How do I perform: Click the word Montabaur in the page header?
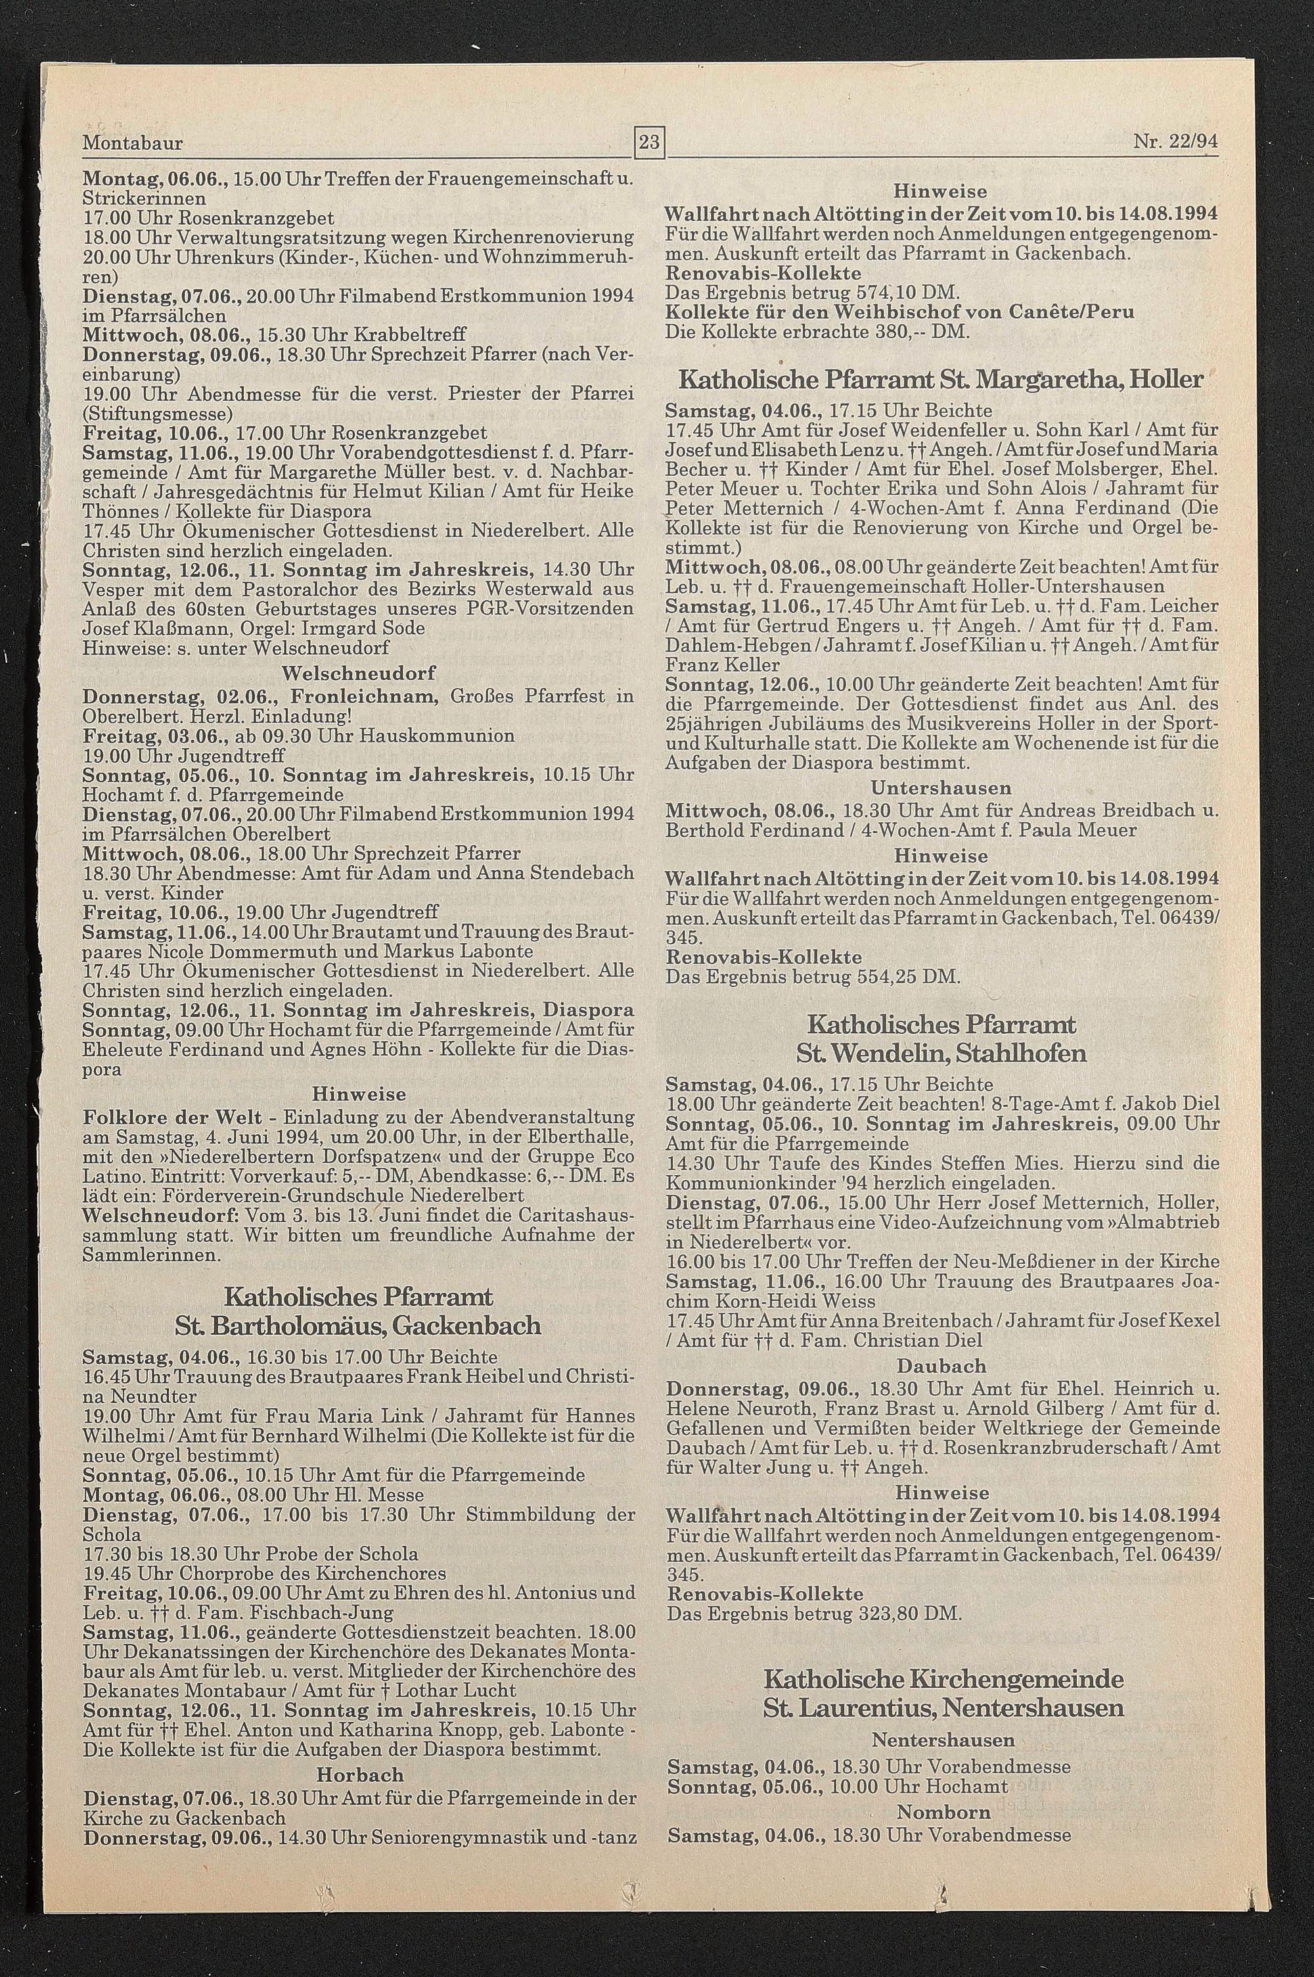133,143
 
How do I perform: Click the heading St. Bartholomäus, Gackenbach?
358,1325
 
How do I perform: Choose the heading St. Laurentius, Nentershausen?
943,1685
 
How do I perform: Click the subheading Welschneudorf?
358,674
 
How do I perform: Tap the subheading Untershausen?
941,789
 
